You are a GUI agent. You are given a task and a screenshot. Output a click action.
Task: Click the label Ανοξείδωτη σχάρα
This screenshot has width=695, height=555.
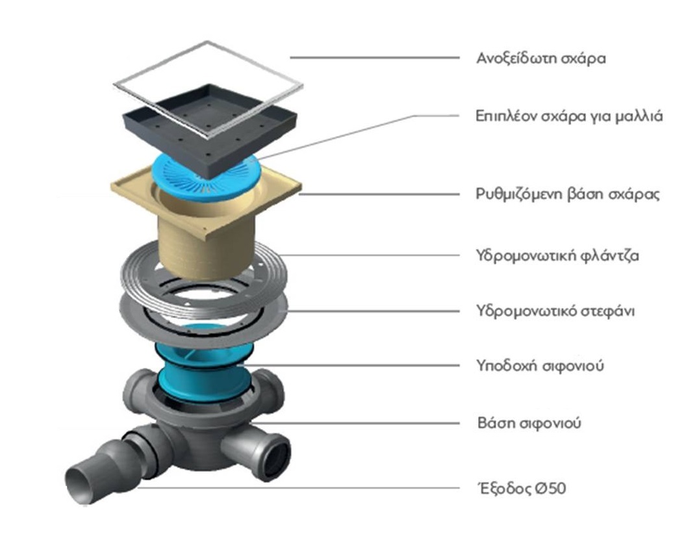[541, 58]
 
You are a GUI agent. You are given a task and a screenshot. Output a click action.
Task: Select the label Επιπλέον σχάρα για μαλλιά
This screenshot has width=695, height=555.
[569, 116]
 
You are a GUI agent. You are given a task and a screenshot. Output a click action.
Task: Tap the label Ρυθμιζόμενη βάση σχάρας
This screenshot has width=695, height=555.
[568, 194]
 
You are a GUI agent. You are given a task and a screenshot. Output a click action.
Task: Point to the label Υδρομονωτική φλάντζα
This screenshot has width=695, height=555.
[557, 255]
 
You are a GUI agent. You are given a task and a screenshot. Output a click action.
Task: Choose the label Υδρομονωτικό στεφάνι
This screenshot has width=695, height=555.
[555, 311]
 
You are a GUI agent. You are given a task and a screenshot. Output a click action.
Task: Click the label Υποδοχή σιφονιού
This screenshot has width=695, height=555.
[540, 366]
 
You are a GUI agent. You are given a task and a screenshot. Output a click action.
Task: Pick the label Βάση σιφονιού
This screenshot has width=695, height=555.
[529, 423]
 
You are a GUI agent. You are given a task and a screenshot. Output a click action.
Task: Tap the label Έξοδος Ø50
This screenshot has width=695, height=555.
[522, 489]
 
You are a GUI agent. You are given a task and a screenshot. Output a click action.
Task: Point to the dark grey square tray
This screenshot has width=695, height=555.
[209, 125]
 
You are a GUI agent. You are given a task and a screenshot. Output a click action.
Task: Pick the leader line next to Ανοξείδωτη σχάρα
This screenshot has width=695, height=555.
[375, 58]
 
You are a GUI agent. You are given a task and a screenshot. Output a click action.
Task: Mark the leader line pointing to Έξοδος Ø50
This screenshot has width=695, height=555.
[298, 488]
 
